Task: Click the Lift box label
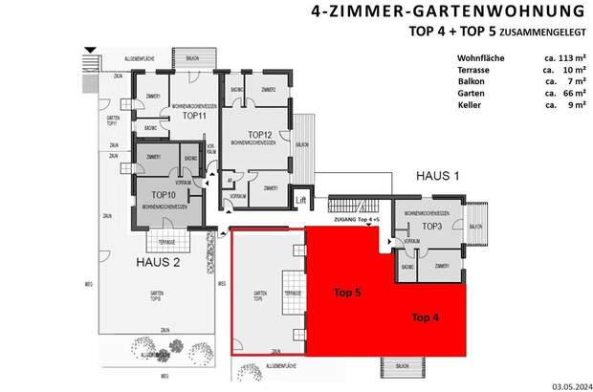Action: click(301, 199)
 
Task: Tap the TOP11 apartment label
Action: click(195, 115)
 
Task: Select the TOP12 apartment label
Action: click(260, 134)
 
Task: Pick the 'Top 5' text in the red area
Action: click(350, 293)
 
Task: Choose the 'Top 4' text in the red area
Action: click(428, 317)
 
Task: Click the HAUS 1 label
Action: click(438, 177)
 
